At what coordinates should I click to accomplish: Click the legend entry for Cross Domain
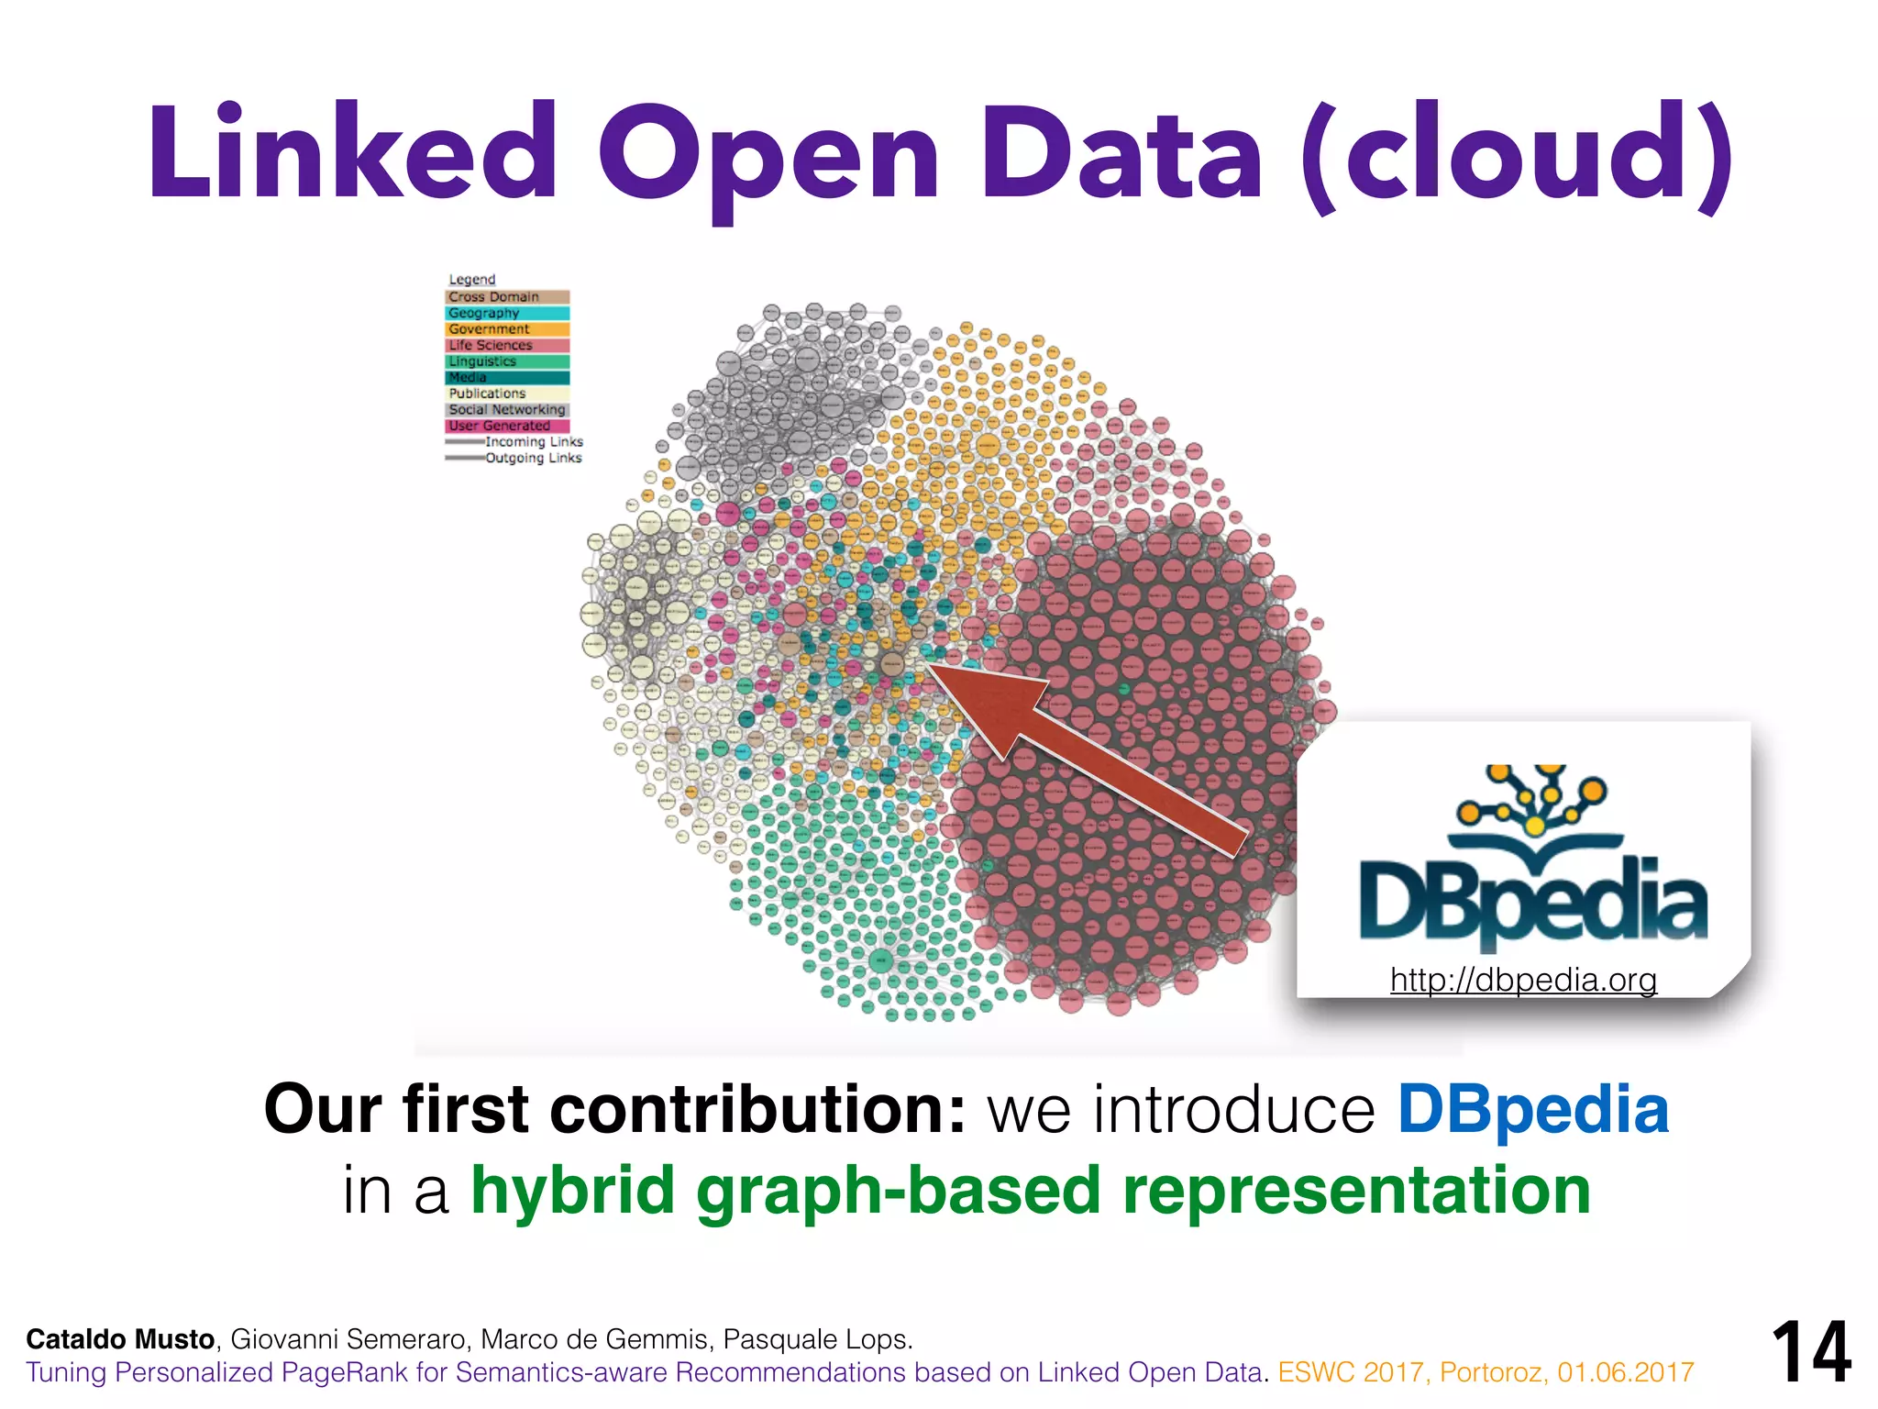(x=507, y=297)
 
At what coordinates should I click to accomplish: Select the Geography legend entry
(x=507, y=314)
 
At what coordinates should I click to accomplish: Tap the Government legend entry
(x=507, y=329)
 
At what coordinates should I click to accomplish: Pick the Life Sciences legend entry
(x=507, y=346)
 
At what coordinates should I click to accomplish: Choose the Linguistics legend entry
(x=507, y=361)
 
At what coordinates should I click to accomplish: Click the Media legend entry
(x=507, y=378)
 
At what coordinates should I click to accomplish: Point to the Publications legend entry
(x=507, y=394)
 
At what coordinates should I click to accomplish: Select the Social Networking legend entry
(x=507, y=410)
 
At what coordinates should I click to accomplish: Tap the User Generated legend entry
(x=507, y=426)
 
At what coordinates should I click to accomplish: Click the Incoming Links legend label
(x=534, y=442)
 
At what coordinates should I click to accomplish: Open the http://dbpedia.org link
(x=1523, y=980)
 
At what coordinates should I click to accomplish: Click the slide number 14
(x=1811, y=1352)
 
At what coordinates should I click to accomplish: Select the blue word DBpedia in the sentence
(x=1532, y=1110)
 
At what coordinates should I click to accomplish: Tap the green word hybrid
(x=572, y=1191)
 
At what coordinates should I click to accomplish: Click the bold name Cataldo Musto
(x=120, y=1339)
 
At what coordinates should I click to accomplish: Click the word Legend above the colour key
(x=471, y=280)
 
